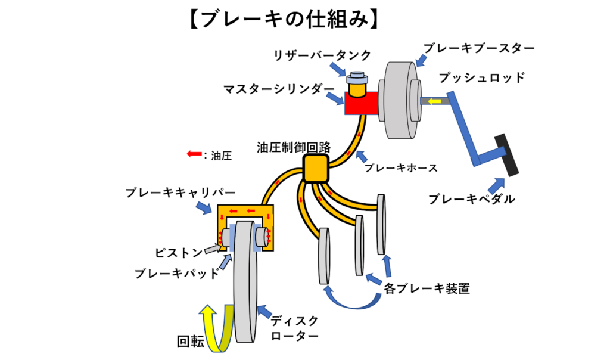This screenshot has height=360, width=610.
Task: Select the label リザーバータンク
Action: [322, 55]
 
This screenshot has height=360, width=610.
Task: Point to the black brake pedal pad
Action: [509, 154]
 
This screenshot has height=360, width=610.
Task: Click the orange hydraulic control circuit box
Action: [316, 169]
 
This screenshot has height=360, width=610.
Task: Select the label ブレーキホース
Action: [401, 168]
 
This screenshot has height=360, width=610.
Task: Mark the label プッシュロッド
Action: [482, 77]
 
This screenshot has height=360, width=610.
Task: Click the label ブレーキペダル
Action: [471, 199]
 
